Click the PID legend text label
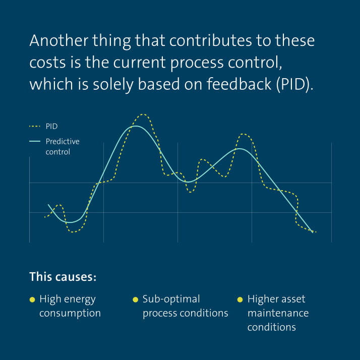52,127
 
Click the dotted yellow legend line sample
35,127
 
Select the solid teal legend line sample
35,142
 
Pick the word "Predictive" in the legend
63,142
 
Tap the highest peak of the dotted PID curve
143,114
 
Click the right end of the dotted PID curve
315,232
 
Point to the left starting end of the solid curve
48,205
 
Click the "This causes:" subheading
63,277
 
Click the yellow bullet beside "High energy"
32,299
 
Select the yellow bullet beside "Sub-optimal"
135,299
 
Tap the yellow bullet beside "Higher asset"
240,299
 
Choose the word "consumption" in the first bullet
70,313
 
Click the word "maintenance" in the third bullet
278,313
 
